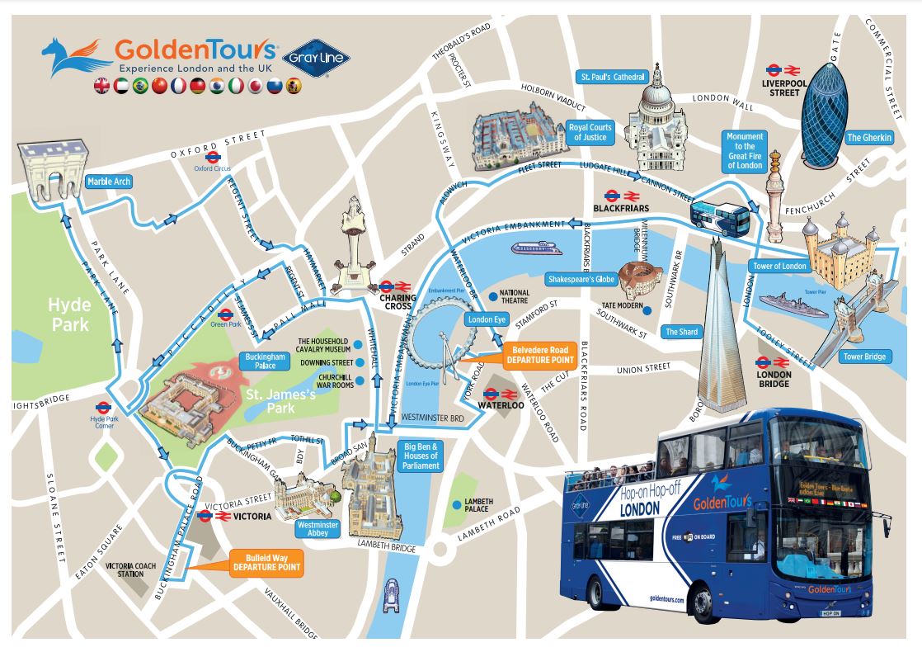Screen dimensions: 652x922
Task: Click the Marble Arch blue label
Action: tap(109, 182)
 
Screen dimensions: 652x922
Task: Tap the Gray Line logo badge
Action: tap(317, 58)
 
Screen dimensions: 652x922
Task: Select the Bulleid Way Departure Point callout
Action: tap(266, 563)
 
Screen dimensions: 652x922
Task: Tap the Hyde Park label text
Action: tap(70, 314)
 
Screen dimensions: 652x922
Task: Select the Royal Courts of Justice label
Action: tap(590, 132)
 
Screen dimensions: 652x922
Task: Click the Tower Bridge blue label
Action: tap(863, 357)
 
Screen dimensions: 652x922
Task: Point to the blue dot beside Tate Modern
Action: tap(648, 310)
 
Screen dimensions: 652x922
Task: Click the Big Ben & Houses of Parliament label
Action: tap(421, 456)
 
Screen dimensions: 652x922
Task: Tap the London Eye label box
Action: tap(487, 319)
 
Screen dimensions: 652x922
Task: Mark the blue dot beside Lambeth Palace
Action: tap(455, 505)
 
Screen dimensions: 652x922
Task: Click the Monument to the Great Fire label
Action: tap(745, 151)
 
